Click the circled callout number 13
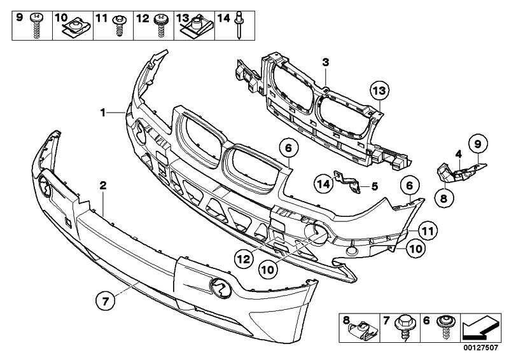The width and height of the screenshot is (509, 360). (x=380, y=92)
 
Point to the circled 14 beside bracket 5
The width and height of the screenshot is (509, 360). (x=324, y=184)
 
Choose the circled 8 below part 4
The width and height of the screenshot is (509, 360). (x=443, y=198)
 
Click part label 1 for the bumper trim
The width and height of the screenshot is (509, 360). (x=101, y=113)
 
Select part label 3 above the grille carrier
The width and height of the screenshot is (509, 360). (x=325, y=62)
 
